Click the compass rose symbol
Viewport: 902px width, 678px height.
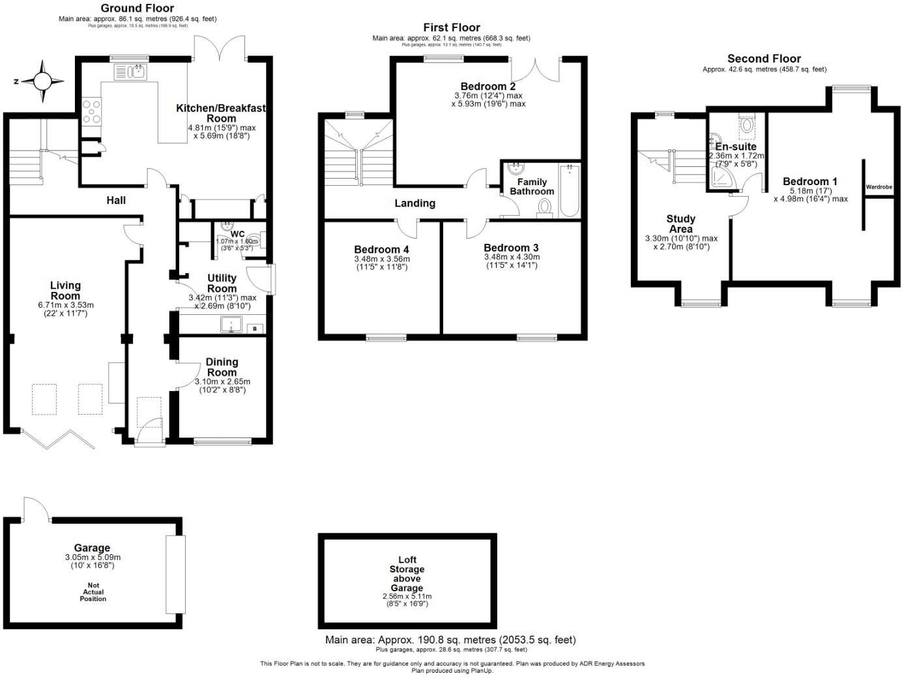(42, 81)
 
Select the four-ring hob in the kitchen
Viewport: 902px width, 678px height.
(92, 110)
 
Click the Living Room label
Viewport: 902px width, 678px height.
(65, 291)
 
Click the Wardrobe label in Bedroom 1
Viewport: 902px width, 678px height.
(879, 187)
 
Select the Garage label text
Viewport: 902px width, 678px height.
(92, 548)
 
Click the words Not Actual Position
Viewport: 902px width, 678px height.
(93, 592)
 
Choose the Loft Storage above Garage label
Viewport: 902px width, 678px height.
(407, 574)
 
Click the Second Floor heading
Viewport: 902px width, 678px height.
(764, 59)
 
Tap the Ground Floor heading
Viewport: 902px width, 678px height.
(138, 8)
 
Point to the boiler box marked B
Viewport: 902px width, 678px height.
(255, 328)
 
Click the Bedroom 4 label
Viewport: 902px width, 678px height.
(381, 250)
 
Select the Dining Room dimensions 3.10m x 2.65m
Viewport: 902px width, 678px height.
(222, 382)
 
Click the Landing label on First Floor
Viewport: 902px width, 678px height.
(415, 203)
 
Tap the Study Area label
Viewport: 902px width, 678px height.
(680, 224)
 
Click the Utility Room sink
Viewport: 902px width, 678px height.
(231, 324)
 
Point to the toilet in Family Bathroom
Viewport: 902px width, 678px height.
(545, 208)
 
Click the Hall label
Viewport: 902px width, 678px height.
(116, 200)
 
